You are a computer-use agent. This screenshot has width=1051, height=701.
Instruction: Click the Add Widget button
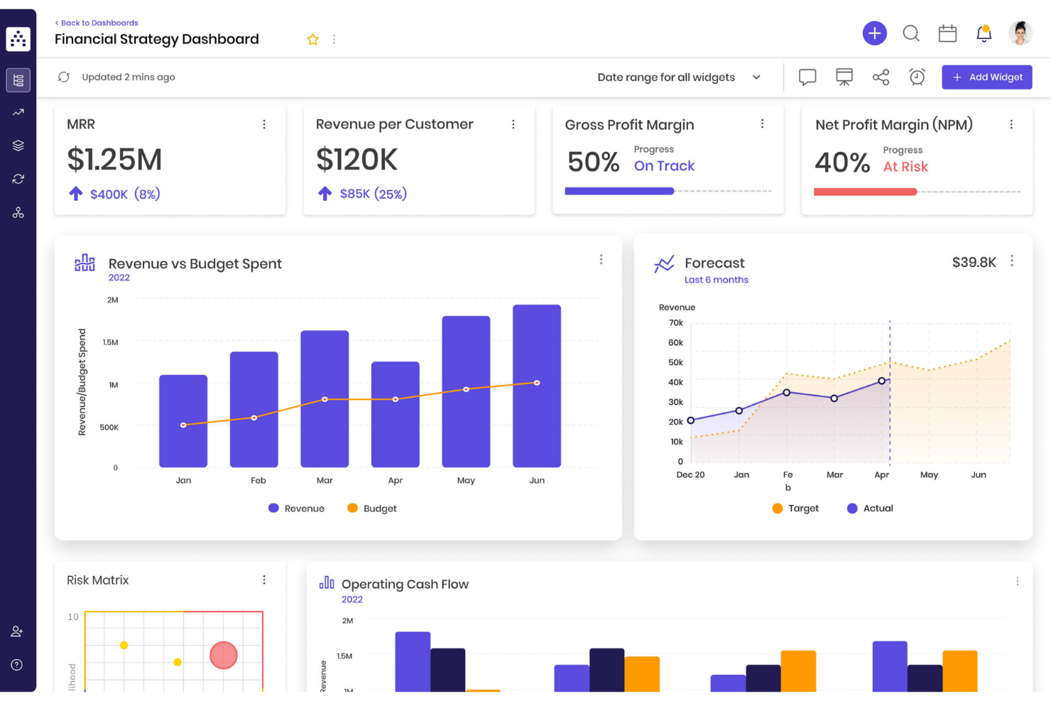pos(986,77)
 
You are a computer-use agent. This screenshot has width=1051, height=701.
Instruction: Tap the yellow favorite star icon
pos(312,40)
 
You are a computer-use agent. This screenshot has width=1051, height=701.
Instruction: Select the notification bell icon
pos(984,33)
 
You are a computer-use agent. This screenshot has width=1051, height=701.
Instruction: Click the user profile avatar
pos(1020,33)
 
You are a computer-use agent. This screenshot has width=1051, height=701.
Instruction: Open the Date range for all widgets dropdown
pos(678,77)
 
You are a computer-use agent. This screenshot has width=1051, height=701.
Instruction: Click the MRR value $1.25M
pos(114,160)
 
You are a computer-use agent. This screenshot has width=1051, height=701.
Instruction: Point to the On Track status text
pos(664,166)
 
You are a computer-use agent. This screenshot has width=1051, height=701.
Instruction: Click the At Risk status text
pos(905,167)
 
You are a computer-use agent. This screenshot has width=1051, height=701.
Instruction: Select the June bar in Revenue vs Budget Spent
pos(537,386)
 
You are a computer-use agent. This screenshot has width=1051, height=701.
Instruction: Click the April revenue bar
pos(396,414)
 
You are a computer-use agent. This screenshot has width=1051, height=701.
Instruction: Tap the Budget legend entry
pos(372,509)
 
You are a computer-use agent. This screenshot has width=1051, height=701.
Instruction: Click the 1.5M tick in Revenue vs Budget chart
pos(110,342)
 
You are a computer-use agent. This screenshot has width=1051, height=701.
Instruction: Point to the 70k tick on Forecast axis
pos(675,323)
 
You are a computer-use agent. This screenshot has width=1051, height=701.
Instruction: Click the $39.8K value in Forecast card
pos(974,263)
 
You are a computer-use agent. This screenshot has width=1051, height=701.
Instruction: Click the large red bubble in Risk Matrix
pos(224,655)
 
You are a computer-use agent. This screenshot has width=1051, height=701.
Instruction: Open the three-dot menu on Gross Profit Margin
pos(762,124)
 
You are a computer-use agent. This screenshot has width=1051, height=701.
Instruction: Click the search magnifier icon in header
pos(911,33)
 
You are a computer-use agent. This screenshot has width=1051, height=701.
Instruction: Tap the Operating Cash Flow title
pos(405,585)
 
